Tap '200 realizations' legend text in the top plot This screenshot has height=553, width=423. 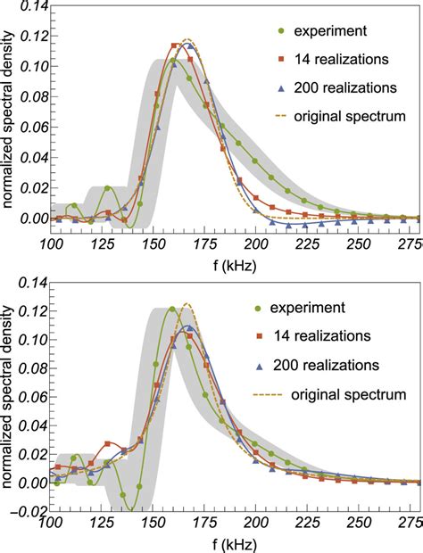[352, 89]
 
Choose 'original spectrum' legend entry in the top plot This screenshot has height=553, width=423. [354, 117]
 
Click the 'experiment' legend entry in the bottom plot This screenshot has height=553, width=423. [319, 308]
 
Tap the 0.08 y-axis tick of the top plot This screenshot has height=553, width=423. [28, 97]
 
